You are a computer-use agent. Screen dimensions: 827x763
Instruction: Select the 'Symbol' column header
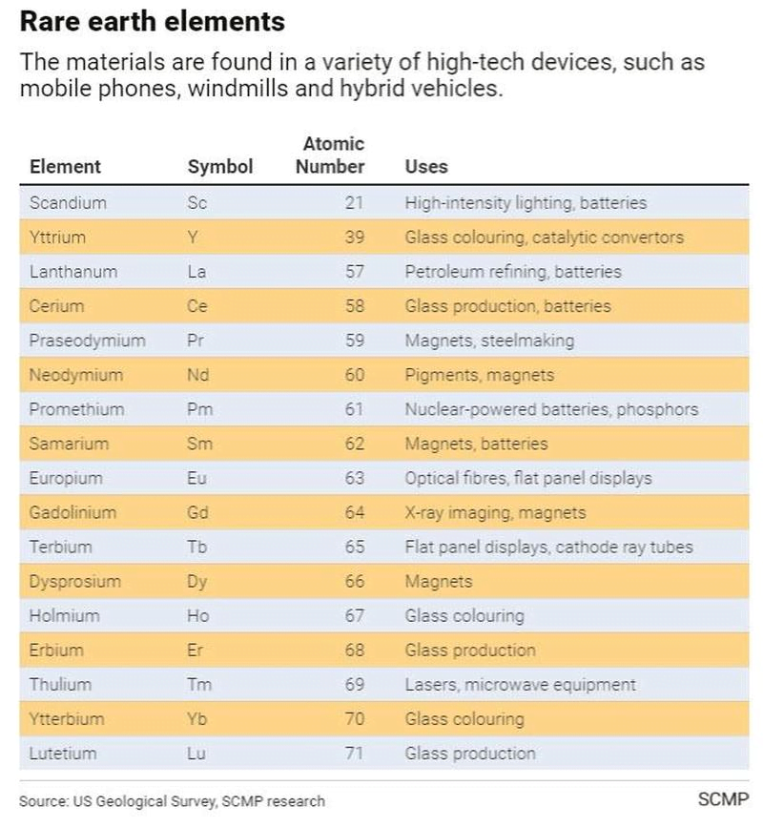coord(220,166)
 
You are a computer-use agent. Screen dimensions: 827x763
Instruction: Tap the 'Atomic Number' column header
coord(331,155)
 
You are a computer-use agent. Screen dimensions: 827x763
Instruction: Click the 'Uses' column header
coord(425,166)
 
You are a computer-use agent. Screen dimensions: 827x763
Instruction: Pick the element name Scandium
coord(68,202)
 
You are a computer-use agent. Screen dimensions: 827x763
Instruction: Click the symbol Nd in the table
coord(199,375)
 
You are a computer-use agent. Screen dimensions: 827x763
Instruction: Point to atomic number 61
coord(354,409)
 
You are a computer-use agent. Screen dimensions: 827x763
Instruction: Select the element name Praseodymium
coord(87,341)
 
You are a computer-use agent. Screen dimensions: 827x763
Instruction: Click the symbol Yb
coord(198,718)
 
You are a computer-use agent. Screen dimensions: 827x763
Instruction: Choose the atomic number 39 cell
coord(354,238)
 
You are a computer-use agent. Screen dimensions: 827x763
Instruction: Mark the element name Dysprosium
coord(75,581)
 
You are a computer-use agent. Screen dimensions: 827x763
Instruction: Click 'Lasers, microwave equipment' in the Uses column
coord(520,684)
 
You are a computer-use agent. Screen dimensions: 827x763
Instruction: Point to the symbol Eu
coord(197,478)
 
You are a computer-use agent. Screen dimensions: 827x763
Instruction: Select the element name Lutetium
coord(63,753)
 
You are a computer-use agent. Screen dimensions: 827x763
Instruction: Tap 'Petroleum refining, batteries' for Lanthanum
coord(513,272)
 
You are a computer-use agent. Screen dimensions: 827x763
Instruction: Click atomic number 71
coord(354,753)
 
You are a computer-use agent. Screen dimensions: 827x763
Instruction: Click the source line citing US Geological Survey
coord(172,801)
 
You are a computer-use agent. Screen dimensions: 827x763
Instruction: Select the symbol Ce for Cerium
coord(198,306)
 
